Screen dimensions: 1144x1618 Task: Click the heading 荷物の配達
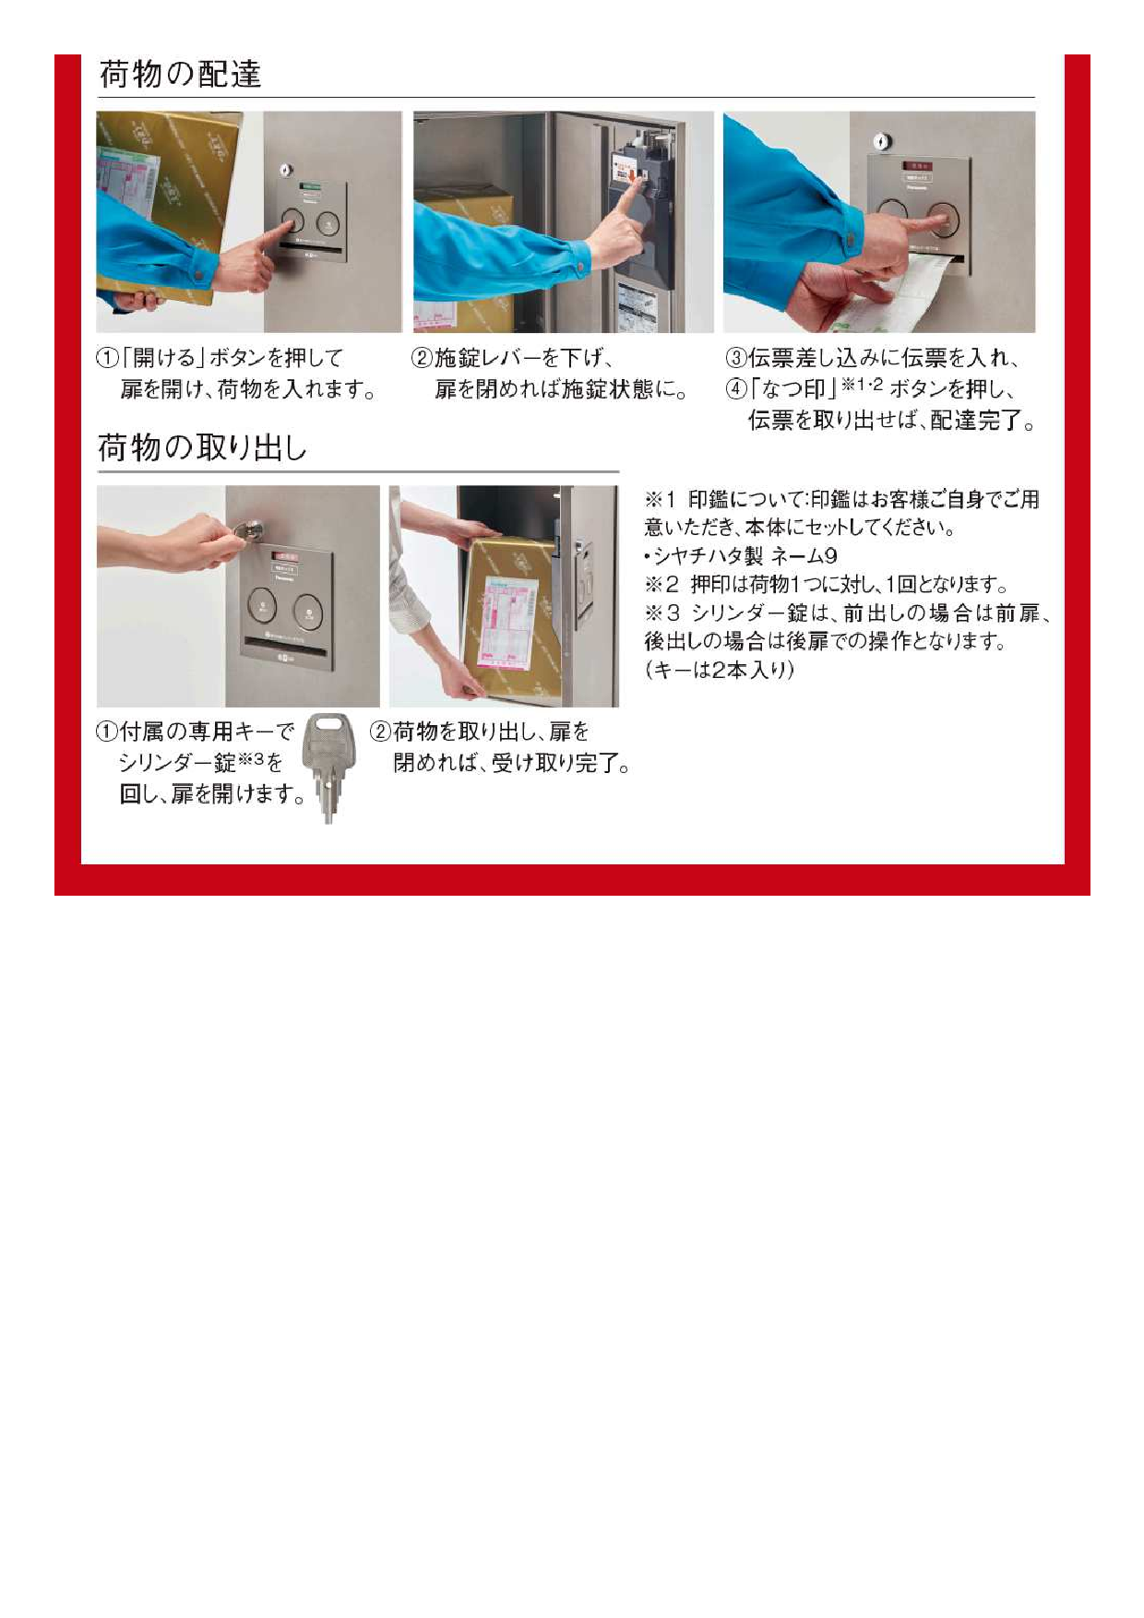180,74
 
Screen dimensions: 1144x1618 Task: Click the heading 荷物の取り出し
202,447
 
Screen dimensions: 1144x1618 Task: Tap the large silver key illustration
328,767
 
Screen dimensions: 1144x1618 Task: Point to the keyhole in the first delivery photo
286,170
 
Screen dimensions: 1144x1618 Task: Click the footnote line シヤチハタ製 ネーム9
741,555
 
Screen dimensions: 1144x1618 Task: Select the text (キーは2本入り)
720,670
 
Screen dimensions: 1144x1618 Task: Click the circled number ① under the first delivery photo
107,358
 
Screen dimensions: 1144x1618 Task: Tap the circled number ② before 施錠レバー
422,358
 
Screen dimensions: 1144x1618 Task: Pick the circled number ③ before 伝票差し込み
735,358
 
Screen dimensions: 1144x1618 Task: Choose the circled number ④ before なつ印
735,388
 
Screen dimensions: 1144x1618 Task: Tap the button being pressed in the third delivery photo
943,220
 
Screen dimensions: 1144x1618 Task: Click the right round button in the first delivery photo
328,223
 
